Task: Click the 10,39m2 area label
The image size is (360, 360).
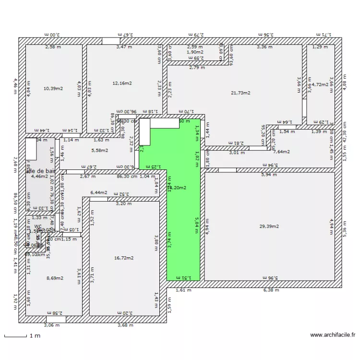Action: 53,89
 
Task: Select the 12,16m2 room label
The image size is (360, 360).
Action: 122,83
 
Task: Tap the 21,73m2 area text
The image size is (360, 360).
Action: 240,93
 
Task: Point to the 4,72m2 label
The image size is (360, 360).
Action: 320,84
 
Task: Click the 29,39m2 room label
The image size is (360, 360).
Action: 269,226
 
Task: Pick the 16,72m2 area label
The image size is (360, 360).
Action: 124,258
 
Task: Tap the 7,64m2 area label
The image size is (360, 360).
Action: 282,152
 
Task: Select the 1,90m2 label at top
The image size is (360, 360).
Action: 195,52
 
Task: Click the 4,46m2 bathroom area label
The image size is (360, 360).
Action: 39,176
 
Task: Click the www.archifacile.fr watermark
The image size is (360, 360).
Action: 333,335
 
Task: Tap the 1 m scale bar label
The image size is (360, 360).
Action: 34,336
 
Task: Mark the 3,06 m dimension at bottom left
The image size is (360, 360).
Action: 52,325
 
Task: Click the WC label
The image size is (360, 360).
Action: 37,226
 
